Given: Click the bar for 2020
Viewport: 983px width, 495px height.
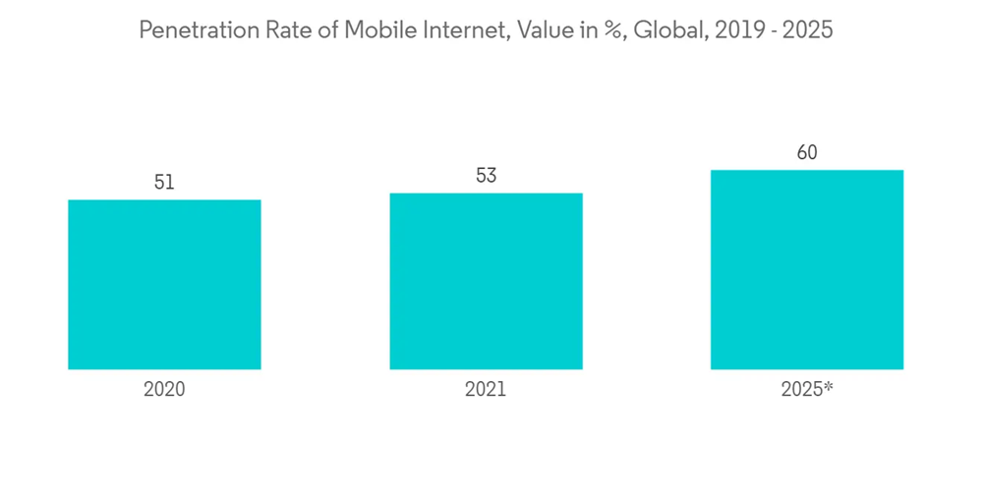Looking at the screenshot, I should coord(164,285).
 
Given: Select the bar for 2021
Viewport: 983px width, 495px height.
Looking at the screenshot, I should coord(486,281).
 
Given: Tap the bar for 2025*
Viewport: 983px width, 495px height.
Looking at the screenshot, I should coord(807,270).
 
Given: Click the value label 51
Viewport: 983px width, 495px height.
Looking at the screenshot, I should coord(164,183).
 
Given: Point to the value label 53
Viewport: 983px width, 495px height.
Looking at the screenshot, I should coord(486,176).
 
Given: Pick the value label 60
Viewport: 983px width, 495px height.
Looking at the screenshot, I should coord(807,153).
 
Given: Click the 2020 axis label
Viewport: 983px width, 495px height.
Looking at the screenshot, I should coord(164,389).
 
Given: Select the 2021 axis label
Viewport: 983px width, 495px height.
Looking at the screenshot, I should coord(486,389).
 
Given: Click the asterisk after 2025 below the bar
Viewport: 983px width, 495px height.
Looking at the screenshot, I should coord(829,386).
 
